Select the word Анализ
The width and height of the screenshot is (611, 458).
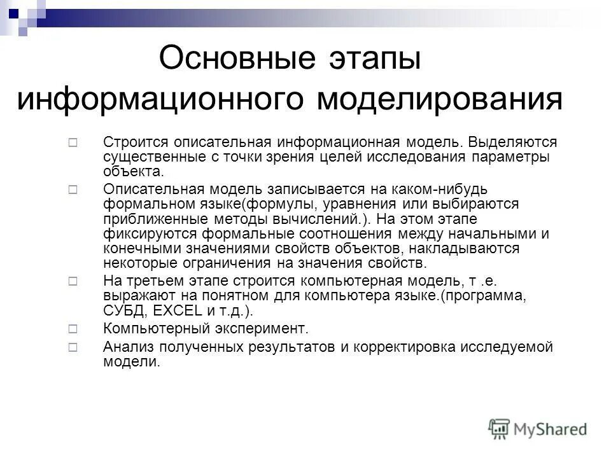(124, 347)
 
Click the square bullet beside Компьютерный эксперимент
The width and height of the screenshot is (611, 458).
(73, 329)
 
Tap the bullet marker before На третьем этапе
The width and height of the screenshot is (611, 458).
(73, 281)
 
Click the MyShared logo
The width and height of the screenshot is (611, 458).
(537, 428)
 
